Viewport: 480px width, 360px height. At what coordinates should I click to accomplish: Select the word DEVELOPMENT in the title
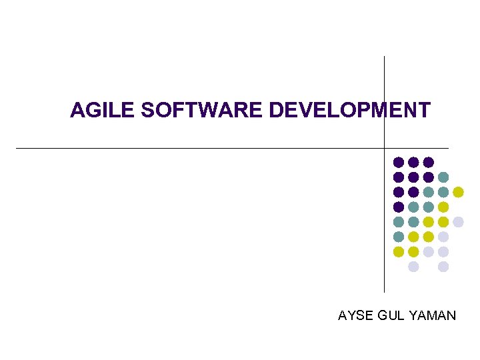tap(349, 110)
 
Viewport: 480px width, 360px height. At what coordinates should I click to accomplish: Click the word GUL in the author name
tap(391, 315)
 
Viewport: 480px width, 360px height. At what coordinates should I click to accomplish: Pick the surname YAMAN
tap(433, 315)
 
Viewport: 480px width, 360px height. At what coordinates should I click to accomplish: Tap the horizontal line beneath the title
tap(200, 147)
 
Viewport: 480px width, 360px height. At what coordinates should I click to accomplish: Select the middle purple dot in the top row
tap(413, 162)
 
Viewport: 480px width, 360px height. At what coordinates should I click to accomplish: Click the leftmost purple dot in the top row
tap(399, 162)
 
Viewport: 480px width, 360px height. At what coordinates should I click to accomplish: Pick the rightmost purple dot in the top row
tap(429, 162)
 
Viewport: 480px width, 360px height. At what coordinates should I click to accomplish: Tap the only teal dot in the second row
tap(443, 177)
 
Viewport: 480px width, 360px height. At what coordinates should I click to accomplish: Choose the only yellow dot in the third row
tap(458, 192)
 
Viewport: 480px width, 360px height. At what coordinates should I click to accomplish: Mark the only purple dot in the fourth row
tap(399, 207)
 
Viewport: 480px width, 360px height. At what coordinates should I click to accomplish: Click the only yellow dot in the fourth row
tap(443, 207)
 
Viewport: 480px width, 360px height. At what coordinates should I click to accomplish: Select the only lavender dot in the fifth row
tap(458, 222)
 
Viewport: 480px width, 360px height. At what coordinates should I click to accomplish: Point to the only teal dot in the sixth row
tap(399, 237)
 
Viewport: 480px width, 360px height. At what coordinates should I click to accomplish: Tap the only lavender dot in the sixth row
tap(443, 237)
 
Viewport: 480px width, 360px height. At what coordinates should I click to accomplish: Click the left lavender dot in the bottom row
tap(413, 267)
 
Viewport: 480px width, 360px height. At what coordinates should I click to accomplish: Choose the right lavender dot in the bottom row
tap(443, 267)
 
